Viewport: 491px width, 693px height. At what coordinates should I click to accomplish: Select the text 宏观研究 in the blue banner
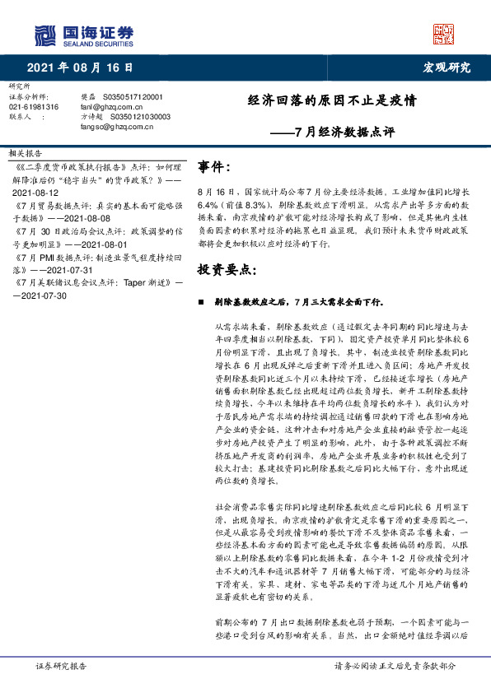coord(447,67)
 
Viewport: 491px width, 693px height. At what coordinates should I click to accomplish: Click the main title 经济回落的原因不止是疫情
coord(332,101)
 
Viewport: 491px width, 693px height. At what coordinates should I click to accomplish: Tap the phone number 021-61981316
coord(34,107)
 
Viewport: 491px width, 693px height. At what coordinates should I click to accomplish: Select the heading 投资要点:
coord(227,270)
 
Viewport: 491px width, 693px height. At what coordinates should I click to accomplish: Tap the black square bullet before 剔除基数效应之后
coord(202,302)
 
